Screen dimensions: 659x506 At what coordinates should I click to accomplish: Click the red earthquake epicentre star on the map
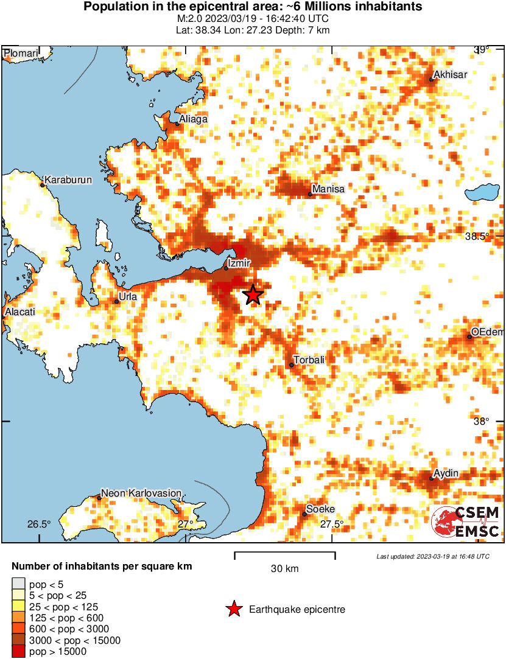[x=253, y=295]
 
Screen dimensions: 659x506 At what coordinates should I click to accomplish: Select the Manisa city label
[x=329, y=189]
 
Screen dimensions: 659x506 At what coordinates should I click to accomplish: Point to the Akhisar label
[x=449, y=75]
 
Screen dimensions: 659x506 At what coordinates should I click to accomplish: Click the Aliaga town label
[x=194, y=119]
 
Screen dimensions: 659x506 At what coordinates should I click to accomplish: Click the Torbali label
[x=309, y=360]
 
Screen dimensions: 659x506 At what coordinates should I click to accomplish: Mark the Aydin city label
[x=446, y=473]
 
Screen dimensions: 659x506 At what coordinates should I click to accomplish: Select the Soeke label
[x=320, y=509]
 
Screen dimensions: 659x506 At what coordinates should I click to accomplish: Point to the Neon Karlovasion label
[x=141, y=493]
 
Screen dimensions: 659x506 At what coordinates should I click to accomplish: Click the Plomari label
[x=21, y=54]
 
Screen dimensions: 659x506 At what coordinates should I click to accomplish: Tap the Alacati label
[x=19, y=312]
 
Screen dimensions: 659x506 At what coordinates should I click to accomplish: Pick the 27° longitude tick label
[x=186, y=524]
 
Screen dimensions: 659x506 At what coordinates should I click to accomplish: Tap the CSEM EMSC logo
[x=465, y=521]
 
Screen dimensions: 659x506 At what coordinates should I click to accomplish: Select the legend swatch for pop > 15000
[x=19, y=652]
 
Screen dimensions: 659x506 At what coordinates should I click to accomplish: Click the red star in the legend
[x=234, y=609]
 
